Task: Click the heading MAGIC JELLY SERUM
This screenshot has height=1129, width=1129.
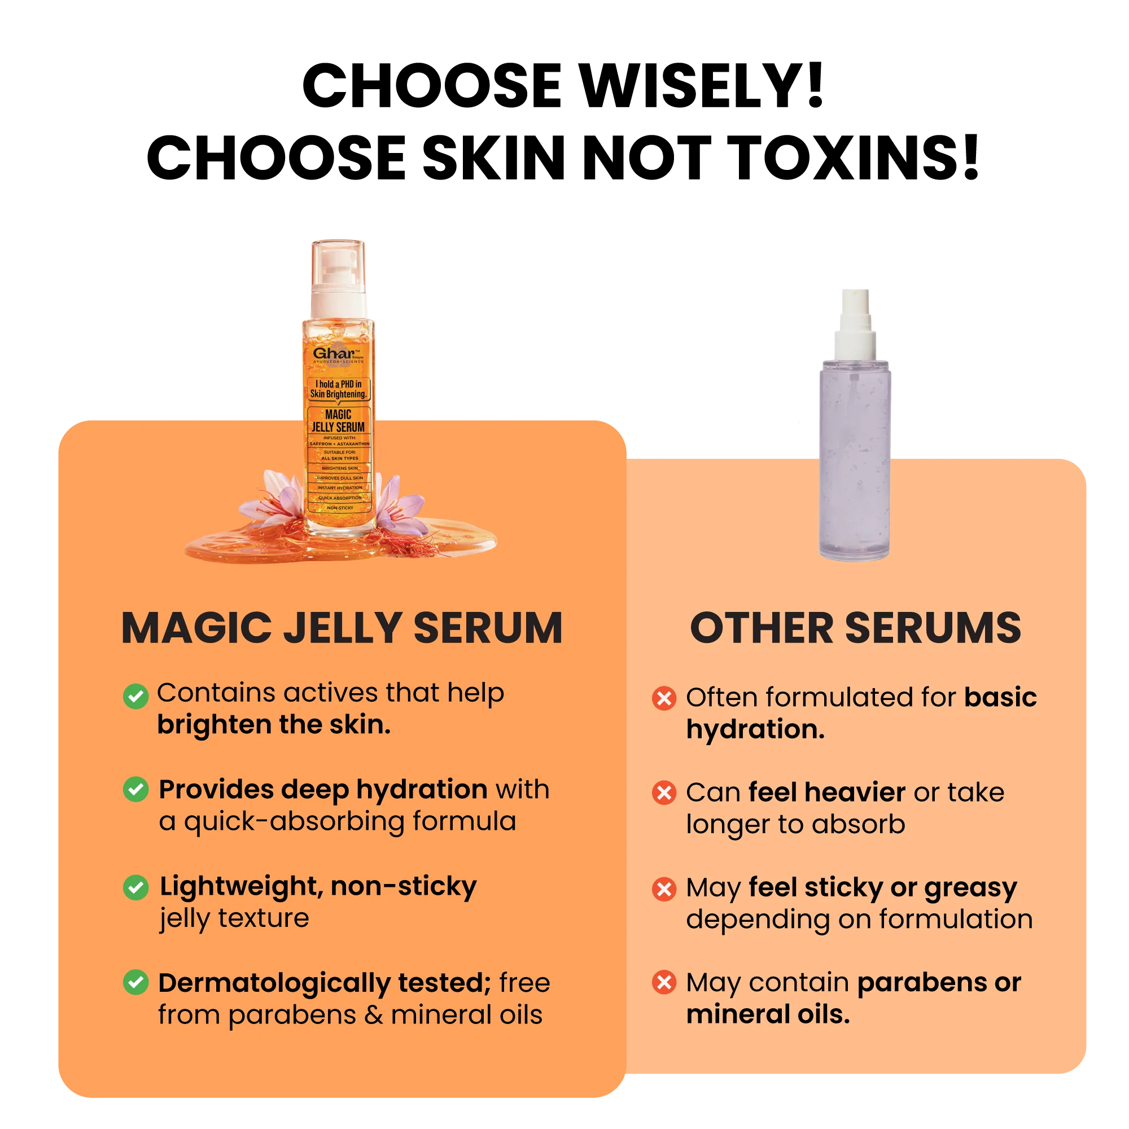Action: [x=342, y=629]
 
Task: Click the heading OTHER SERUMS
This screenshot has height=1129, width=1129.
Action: [x=856, y=629]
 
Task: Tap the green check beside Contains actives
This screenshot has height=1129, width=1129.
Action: [x=135, y=696]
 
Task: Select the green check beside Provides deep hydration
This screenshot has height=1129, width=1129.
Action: [x=135, y=790]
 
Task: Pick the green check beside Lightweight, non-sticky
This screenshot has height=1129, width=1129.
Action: [x=135, y=887]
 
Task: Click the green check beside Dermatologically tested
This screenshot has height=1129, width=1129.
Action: [x=135, y=982]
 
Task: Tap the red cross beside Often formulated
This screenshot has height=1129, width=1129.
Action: [x=664, y=698]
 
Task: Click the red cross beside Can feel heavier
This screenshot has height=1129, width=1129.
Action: [x=664, y=793]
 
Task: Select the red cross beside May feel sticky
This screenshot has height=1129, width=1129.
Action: [x=664, y=889]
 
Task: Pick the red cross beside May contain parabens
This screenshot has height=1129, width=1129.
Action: [x=664, y=982]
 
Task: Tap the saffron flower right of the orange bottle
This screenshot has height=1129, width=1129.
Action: [x=397, y=500]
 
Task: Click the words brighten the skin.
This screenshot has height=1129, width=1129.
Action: [x=273, y=725]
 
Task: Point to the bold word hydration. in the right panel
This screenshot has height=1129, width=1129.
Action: [x=755, y=729]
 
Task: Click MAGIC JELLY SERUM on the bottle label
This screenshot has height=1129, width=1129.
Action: [x=338, y=421]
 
